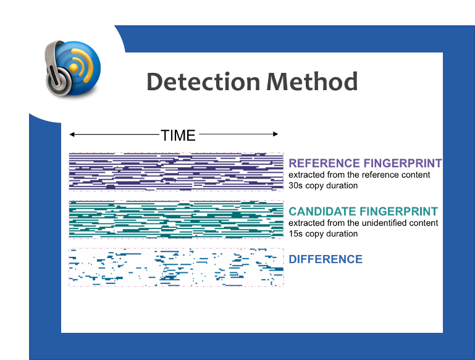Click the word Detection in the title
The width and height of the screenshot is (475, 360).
(x=203, y=82)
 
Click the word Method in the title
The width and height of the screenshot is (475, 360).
(x=312, y=82)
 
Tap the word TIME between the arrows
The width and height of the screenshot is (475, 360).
(x=178, y=135)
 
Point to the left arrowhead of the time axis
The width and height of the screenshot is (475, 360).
(x=72, y=134)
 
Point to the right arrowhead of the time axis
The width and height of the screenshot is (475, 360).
(x=275, y=134)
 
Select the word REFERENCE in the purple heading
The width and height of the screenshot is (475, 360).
(x=324, y=163)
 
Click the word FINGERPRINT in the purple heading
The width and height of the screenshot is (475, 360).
(x=403, y=163)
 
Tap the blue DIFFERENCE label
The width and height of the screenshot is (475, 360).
(x=326, y=259)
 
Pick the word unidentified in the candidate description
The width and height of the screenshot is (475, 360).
(x=384, y=223)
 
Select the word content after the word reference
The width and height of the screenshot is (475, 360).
(x=416, y=175)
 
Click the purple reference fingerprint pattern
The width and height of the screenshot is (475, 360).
(x=176, y=172)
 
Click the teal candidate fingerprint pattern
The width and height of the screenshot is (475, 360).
(x=176, y=219)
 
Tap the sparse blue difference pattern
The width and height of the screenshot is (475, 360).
(x=176, y=267)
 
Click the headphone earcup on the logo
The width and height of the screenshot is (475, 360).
(x=59, y=82)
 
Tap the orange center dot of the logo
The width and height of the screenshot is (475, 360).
(x=74, y=68)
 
